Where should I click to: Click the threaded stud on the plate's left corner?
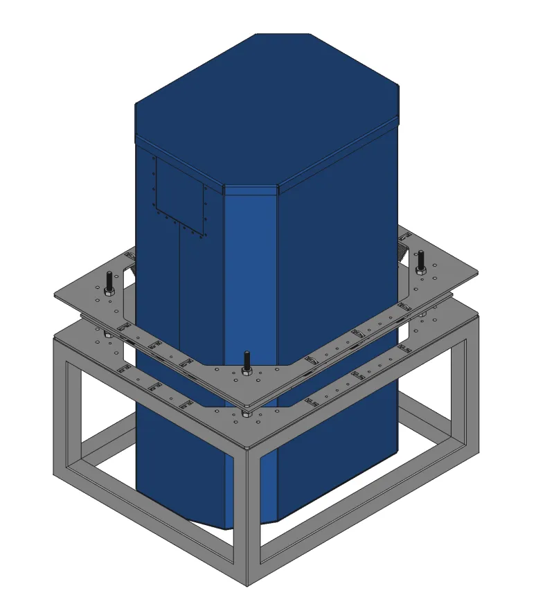tap(109, 281)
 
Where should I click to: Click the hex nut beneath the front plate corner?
tap(247, 414)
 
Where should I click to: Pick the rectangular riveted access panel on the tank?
tap(180, 195)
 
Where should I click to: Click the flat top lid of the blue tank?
tap(267, 97)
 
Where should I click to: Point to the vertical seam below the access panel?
tap(179, 291)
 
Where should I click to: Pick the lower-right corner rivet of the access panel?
tap(204, 235)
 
